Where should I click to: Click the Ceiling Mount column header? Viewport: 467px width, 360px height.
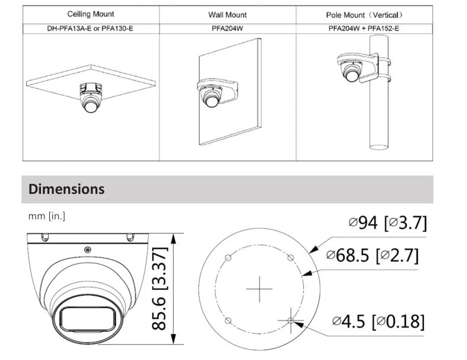click(x=90, y=14)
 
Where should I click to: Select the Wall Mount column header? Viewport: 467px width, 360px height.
click(x=227, y=15)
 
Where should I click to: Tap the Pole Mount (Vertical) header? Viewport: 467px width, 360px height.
click(x=364, y=15)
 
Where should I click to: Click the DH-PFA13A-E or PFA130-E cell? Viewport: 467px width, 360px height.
click(x=90, y=28)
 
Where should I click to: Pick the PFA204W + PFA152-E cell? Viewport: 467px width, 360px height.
click(x=364, y=28)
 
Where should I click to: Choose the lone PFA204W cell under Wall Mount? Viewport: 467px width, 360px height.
click(x=227, y=28)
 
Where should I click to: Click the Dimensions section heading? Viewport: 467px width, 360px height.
click(x=66, y=189)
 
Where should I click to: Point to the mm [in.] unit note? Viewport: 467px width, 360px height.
click(x=47, y=216)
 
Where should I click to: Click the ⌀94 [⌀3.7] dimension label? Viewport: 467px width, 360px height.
click(x=387, y=223)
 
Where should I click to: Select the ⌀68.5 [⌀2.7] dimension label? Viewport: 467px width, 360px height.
click(x=372, y=256)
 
